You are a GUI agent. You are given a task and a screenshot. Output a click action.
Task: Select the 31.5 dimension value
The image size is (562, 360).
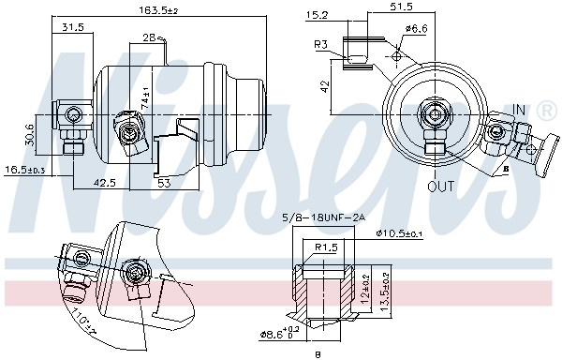71,28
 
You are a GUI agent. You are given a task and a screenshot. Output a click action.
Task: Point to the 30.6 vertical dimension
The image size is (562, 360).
29,135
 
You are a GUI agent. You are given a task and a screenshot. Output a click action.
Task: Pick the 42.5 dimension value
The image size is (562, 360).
106,183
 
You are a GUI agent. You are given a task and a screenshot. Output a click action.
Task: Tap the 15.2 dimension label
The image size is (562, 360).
318,15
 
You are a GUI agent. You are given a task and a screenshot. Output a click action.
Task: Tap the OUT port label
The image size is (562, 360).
441,186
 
